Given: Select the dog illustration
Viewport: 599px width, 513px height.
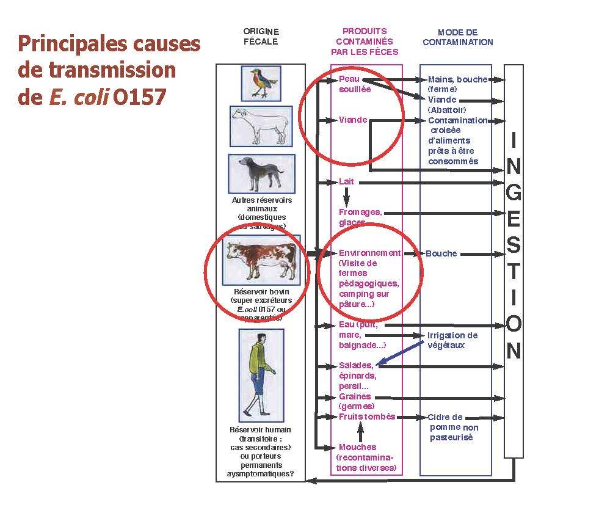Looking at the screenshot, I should [x=261, y=173].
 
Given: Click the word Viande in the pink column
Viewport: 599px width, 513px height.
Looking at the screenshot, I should [x=353, y=120].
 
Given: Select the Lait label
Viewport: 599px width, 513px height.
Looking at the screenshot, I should [x=346, y=182].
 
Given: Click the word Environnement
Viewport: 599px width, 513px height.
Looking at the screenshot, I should [x=369, y=253].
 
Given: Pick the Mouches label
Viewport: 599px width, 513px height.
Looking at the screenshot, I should [x=357, y=447].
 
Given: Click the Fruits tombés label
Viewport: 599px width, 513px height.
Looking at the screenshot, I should [x=367, y=417].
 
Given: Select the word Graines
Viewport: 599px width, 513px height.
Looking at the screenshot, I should [x=355, y=396].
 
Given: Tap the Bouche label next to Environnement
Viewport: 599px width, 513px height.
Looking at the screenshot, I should [x=441, y=253].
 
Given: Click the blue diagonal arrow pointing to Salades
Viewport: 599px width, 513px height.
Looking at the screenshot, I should [x=401, y=353].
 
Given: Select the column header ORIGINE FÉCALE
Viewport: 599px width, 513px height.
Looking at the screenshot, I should [x=261, y=37].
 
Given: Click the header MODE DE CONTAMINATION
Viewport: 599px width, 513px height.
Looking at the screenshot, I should [x=458, y=37].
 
